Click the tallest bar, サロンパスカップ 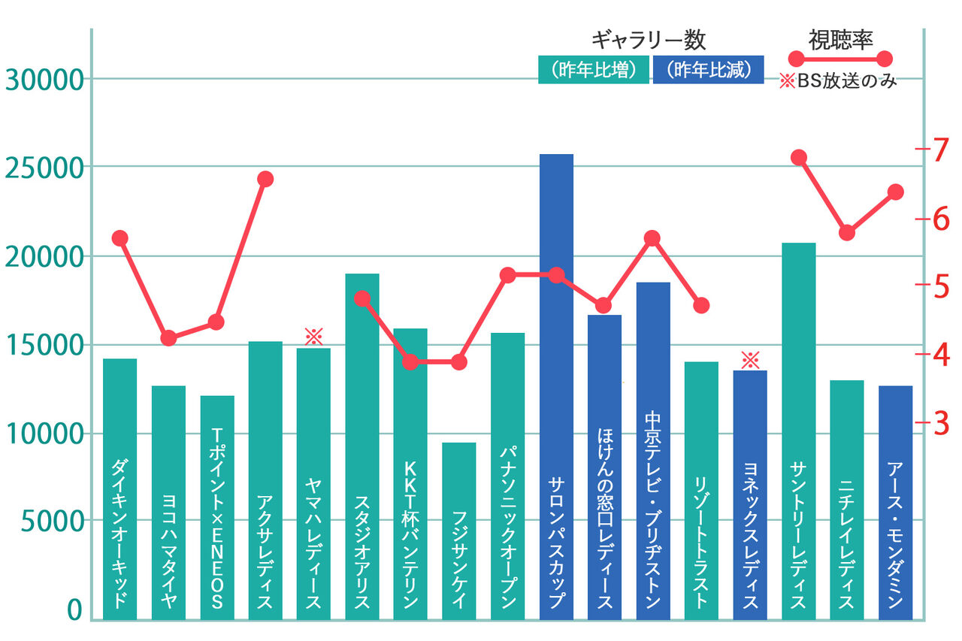point(556,376)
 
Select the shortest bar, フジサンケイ point(458,526)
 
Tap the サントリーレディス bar point(798,421)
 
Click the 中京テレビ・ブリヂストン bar point(652,443)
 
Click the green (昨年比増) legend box point(593,70)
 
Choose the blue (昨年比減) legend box point(708,70)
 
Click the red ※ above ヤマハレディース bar point(313,336)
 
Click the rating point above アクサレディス point(265,179)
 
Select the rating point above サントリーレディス point(799,157)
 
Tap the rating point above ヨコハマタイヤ point(168,338)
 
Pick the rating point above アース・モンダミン point(895,192)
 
